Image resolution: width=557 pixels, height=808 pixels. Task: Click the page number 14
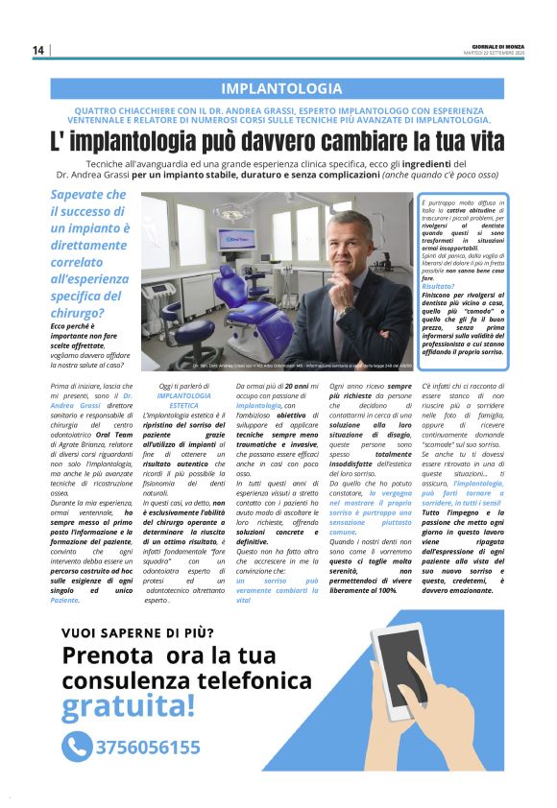[x=38, y=50]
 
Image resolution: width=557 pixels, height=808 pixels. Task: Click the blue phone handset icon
[x=77, y=747]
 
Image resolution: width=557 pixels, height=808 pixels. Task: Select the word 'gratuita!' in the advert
[x=128, y=705]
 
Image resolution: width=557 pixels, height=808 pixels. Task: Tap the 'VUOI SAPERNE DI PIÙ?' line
[x=137, y=631]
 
